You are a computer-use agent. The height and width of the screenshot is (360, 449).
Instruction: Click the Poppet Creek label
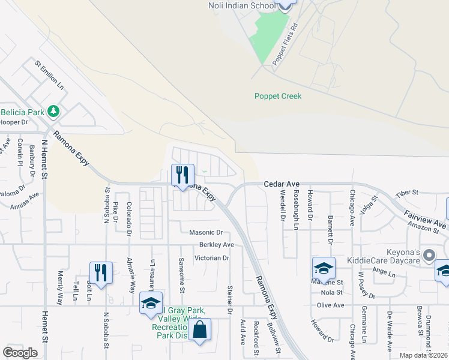click(277, 96)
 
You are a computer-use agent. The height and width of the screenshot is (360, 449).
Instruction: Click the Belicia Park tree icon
click(54, 111)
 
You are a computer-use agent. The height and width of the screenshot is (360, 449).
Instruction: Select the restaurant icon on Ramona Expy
click(180, 175)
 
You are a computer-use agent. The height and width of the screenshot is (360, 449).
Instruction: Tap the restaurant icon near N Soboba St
click(101, 273)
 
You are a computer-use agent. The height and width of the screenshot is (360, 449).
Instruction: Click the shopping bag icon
click(199, 329)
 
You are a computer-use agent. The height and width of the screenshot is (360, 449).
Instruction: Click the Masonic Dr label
click(206, 232)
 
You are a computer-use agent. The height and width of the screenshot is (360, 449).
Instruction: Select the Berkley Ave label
click(216, 245)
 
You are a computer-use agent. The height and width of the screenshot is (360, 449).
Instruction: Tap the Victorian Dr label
click(212, 258)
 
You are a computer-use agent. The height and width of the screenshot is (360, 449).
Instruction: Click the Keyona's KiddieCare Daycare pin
click(428, 256)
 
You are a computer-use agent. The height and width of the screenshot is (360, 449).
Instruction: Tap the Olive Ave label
click(331, 305)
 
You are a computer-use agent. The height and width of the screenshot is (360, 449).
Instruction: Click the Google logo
click(20, 353)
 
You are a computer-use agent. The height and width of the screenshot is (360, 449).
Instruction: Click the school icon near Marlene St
click(323, 268)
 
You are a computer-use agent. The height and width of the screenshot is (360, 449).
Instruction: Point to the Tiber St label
click(406, 193)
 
